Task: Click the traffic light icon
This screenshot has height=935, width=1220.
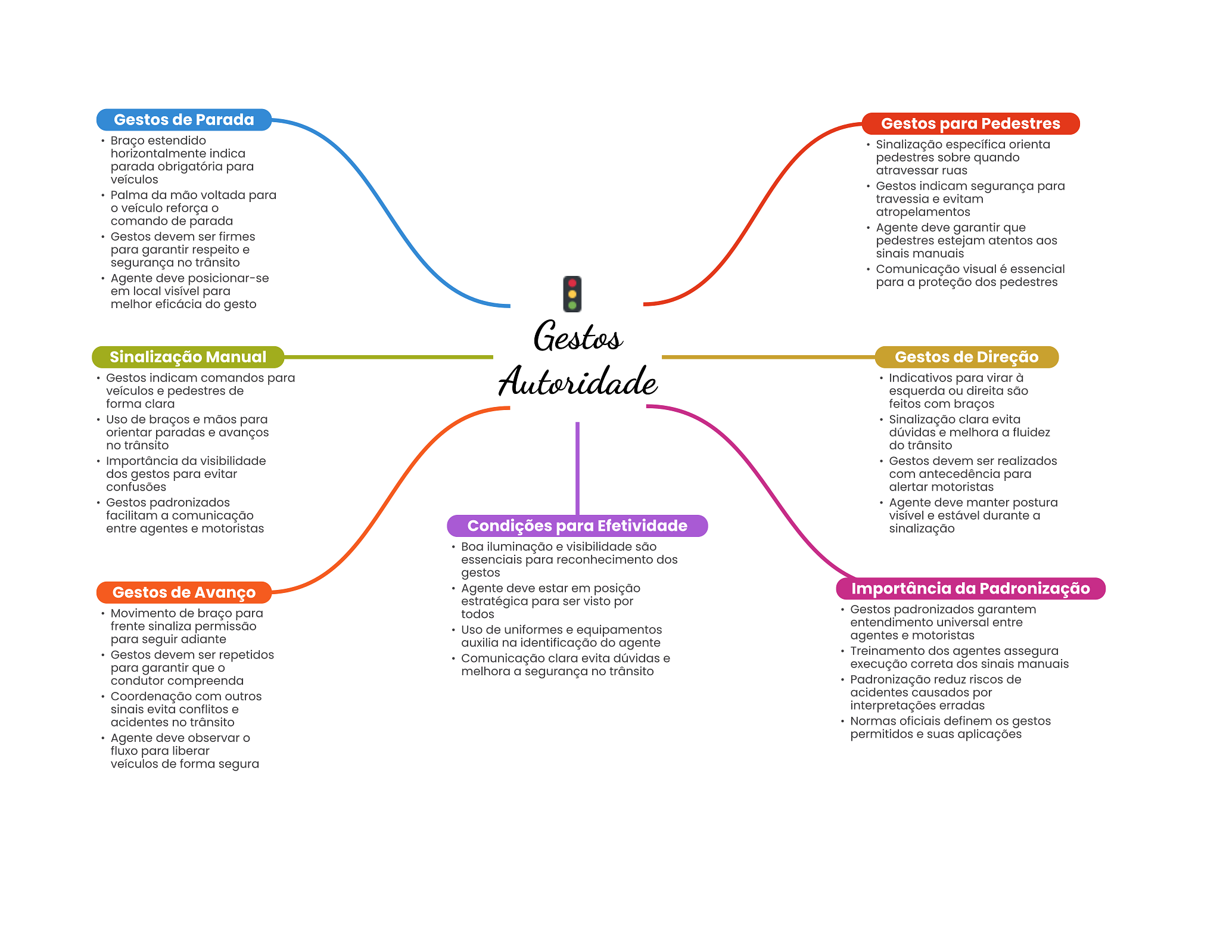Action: (x=572, y=294)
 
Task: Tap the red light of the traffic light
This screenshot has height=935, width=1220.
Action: (x=572, y=283)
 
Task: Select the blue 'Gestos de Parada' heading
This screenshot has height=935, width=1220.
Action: (x=183, y=120)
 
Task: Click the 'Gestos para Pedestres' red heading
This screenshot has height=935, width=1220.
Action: (x=970, y=123)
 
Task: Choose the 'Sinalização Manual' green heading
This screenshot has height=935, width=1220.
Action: (x=188, y=357)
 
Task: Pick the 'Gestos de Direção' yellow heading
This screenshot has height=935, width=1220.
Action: (x=966, y=357)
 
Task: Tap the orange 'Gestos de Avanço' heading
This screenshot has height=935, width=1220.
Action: (x=183, y=592)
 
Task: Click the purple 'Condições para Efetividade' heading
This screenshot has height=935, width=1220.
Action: (x=577, y=526)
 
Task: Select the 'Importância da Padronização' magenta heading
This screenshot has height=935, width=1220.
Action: (x=970, y=588)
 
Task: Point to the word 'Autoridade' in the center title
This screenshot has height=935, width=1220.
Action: (x=578, y=381)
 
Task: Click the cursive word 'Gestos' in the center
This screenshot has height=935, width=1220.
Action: (x=578, y=337)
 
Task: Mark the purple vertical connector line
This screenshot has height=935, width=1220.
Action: (x=577, y=468)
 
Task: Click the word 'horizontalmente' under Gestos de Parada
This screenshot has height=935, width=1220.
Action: (x=178, y=154)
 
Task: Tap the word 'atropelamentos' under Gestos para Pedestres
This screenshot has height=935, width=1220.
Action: (x=923, y=212)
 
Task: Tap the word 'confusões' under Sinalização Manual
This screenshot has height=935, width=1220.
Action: (x=136, y=487)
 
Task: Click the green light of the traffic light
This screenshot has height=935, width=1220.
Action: (x=572, y=305)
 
